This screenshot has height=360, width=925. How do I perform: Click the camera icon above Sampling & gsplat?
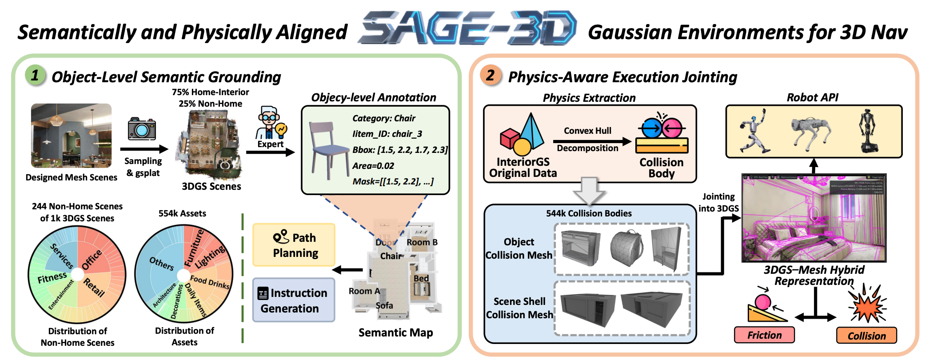click(x=142, y=129)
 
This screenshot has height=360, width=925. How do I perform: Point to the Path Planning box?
click(x=294, y=245)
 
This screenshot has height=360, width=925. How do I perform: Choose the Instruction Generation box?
click(x=294, y=300)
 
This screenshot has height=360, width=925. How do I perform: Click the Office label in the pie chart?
click(x=92, y=260)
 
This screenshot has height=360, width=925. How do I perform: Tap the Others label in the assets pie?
click(x=161, y=264)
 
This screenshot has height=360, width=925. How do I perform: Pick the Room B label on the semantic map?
click(x=422, y=242)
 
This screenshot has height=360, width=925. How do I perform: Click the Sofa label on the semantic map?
click(x=384, y=306)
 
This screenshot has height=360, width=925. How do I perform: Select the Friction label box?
click(x=764, y=335)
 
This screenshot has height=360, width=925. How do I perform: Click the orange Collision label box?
click(x=866, y=336)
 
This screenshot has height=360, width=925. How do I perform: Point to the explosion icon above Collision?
click(x=866, y=304)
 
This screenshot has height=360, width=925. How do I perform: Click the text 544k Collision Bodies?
click(x=589, y=213)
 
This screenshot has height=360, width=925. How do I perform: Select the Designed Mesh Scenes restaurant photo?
click(x=71, y=136)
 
